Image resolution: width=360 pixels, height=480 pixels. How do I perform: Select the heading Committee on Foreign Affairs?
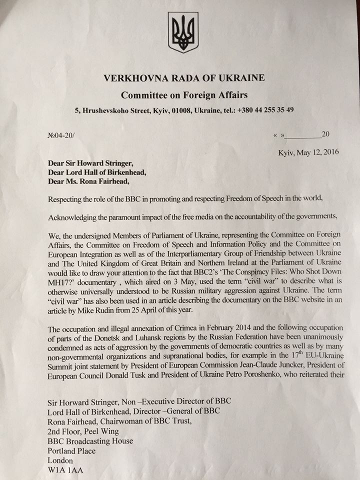[x=184, y=94]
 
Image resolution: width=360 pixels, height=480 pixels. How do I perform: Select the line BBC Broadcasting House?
[x=90, y=440]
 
